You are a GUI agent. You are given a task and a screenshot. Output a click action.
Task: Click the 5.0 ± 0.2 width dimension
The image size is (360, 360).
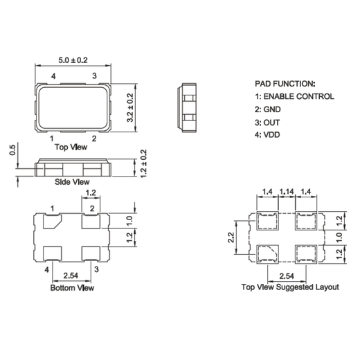tap(73, 61)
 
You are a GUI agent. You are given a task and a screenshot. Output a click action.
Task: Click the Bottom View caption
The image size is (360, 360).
tap(72, 287)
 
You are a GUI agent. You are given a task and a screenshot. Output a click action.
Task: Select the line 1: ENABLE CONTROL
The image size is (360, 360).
tap(294, 96)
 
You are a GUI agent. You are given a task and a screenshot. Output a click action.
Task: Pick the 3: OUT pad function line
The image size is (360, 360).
tap(270, 123)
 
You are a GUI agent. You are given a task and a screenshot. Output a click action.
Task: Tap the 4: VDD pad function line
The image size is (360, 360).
tap(270, 136)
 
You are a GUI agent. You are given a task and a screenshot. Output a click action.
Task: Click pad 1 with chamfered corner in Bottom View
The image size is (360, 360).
tap(51, 222)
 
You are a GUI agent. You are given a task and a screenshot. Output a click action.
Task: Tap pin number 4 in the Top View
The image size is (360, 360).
tap(53, 75)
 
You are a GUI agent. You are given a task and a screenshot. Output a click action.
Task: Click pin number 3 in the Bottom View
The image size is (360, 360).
tap(96, 269)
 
